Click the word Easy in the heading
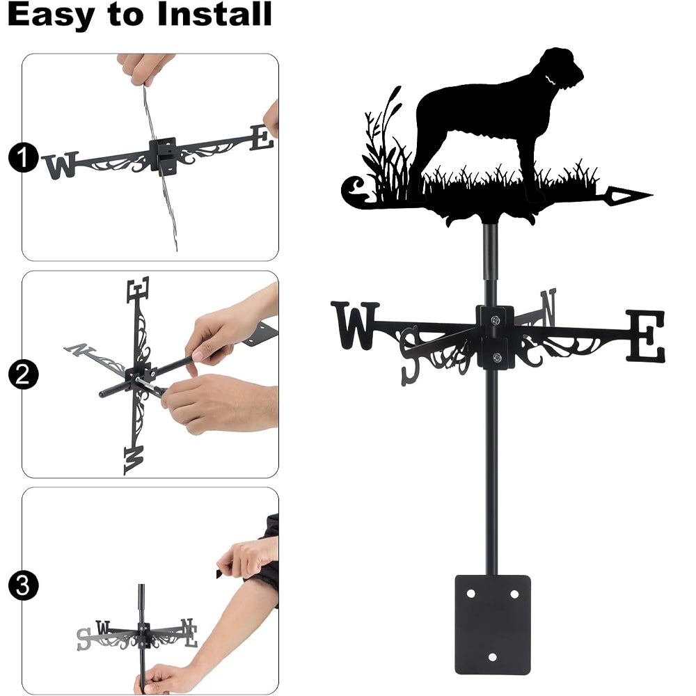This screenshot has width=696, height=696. pyautogui.click(x=51, y=15)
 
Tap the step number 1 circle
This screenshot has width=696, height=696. pyautogui.click(x=23, y=157)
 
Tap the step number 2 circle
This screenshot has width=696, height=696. pyautogui.click(x=23, y=374)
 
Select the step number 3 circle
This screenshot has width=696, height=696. pyautogui.click(x=23, y=585)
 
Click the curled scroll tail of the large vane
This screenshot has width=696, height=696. pyautogui.click(x=354, y=191)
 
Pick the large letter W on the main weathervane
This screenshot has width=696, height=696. pyautogui.click(x=355, y=325)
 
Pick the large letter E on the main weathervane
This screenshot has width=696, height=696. pyautogui.click(x=645, y=335)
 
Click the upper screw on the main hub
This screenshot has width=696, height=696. pyautogui.click(x=496, y=319)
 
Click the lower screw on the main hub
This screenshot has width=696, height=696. pyautogui.click(x=497, y=357)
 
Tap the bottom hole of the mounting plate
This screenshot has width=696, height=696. pyautogui.click(x=492, y=657)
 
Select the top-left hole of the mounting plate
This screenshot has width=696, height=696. pyautogui.click(x=471, y=594)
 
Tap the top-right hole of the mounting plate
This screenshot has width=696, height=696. pyautogui.click(x=514, y=594)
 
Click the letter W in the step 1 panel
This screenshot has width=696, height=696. pyautogui.click(x=61, y=165)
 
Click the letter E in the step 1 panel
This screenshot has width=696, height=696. pyautogui.click(x=262, y=138)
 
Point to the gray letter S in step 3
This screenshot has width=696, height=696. pyautogui.click(x=84, y=639)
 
